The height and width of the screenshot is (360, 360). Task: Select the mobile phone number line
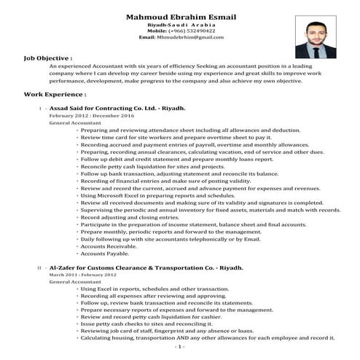181,31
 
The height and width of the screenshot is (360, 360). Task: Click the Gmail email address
181,37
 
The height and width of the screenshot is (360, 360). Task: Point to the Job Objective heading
48,56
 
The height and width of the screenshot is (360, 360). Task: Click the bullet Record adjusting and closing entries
138,217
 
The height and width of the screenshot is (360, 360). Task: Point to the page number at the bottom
180,348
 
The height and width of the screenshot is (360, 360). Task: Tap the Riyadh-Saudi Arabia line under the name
181,24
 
